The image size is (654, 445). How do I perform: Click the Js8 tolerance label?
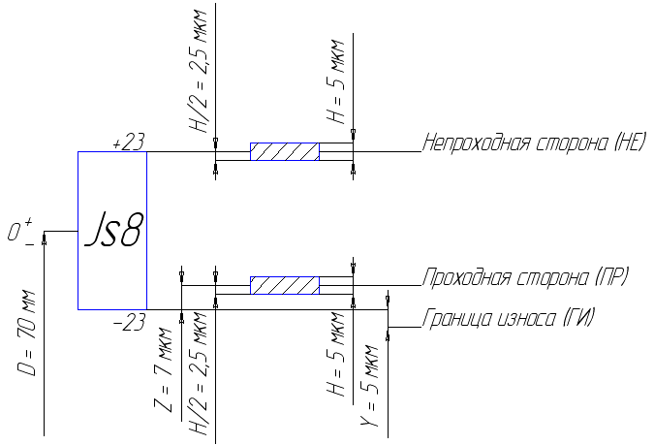(112, 232)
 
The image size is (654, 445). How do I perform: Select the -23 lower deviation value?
(128, 324)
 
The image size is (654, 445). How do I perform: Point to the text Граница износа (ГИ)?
(508, 317)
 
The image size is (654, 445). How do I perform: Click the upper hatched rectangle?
(285, 152)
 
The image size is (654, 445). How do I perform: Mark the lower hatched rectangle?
(285, 286)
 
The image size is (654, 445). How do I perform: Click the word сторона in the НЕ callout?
(568, 144)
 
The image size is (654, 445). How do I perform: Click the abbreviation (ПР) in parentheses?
(612, 278)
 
